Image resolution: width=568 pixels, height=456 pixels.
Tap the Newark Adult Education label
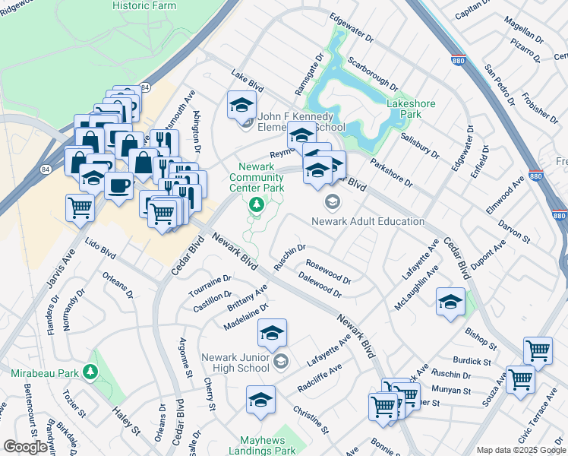point(368,221)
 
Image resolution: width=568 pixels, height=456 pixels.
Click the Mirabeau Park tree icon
point(91,372)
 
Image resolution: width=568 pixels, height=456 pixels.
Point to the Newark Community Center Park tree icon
point(257,204)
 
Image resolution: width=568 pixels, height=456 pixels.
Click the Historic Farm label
point(144,5)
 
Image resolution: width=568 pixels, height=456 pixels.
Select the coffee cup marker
point(118,187)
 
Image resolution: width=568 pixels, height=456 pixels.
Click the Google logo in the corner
point(24,447)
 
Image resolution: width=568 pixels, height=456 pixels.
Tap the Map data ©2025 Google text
point(520,450)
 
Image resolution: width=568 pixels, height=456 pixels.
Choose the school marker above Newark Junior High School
point(272,333)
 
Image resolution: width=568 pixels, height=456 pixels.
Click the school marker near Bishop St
point(450,302)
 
